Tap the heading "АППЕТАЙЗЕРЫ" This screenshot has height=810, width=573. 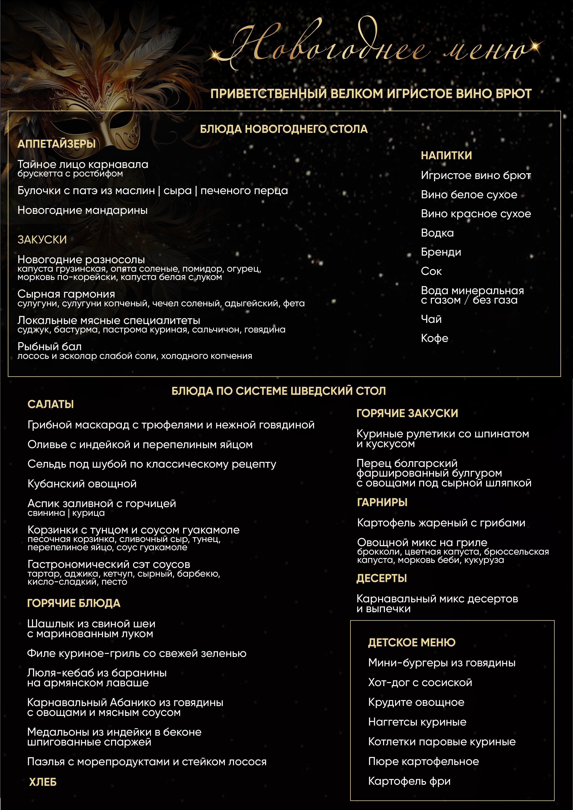click(56, 144)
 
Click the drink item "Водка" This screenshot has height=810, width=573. click(437, 233)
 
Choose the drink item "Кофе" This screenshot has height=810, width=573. click(434, 338)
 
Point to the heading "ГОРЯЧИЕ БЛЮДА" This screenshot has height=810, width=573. click(74, 603)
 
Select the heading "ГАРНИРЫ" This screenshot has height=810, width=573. click(382, 502)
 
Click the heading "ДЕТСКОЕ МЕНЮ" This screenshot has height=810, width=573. click(412, 642)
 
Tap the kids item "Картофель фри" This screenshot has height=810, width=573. click(409, 781)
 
